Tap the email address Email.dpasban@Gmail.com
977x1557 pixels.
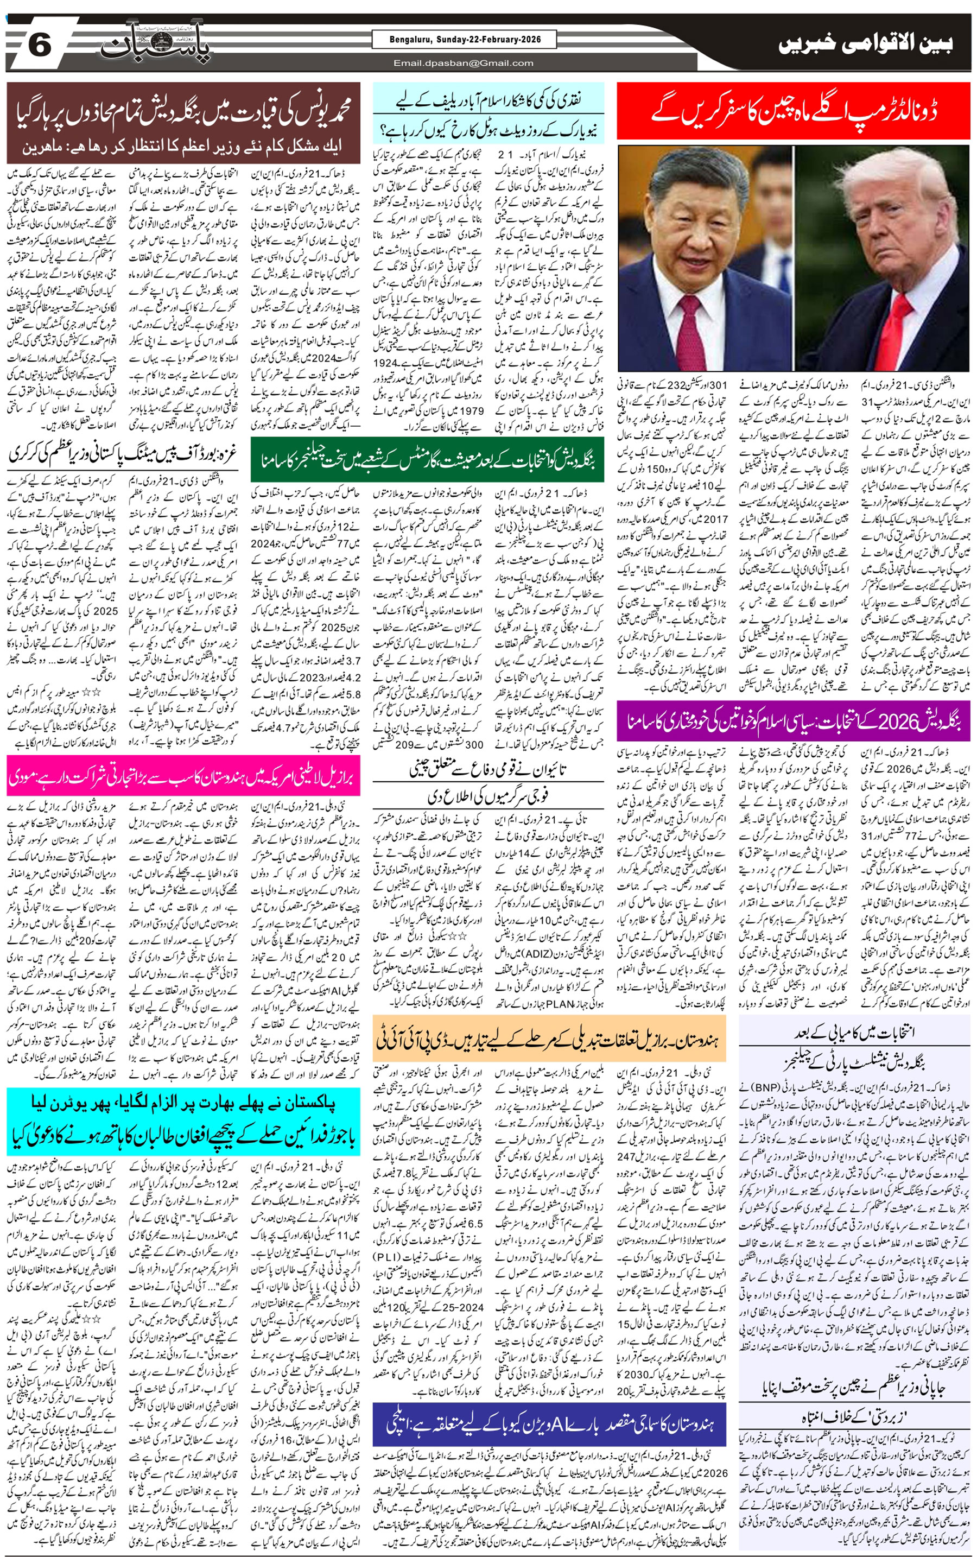[464, 62]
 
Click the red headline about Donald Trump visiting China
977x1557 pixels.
[794, 111]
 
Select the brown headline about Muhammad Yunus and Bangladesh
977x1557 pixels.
[183, 123]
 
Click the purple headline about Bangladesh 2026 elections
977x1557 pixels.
[793, 720]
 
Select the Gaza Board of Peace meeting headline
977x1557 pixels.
[123, 454]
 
